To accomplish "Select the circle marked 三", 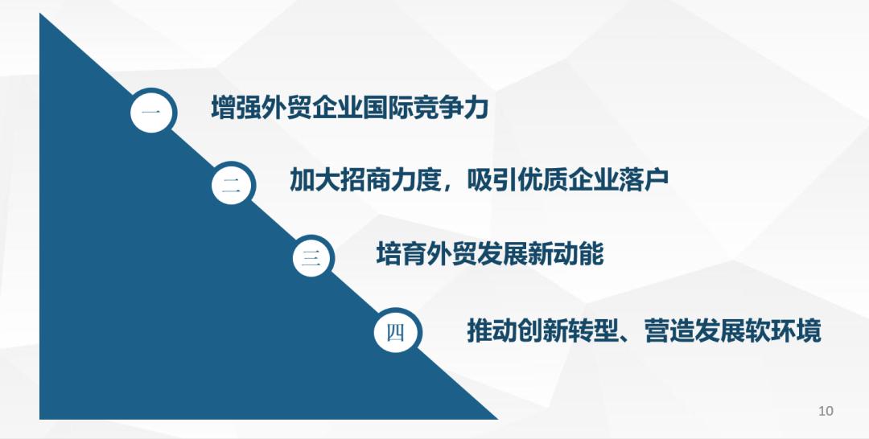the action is coord(313,257).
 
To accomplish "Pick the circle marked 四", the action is coord(397,331).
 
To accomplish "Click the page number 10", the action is coord(826,411).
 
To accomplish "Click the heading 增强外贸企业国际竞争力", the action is coord(350,107).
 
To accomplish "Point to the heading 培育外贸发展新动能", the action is coord(490,254).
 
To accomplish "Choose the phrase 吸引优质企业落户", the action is coord(568,179).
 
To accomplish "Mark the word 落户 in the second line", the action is coord(644,179).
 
